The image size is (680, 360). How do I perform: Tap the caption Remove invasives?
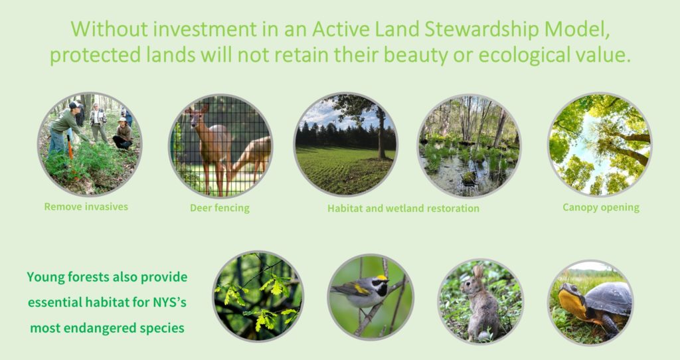coord(86,207)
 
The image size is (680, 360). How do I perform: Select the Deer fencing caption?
coord(219,208)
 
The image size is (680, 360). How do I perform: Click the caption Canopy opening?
coord(600,208)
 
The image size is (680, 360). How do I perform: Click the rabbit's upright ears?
coord(478,272)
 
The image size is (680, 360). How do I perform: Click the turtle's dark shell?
coord(610,298)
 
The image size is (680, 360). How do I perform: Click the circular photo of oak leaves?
coord(258,296)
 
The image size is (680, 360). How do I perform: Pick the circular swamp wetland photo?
coord(469,145)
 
